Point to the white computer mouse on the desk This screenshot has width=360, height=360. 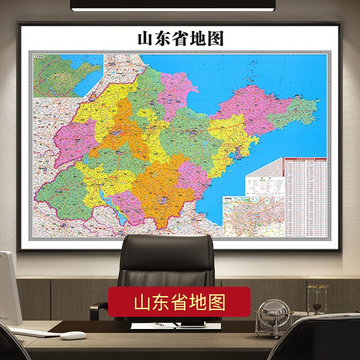72,335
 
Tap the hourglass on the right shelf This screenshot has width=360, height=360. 317,299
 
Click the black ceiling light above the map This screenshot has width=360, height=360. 172,5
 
